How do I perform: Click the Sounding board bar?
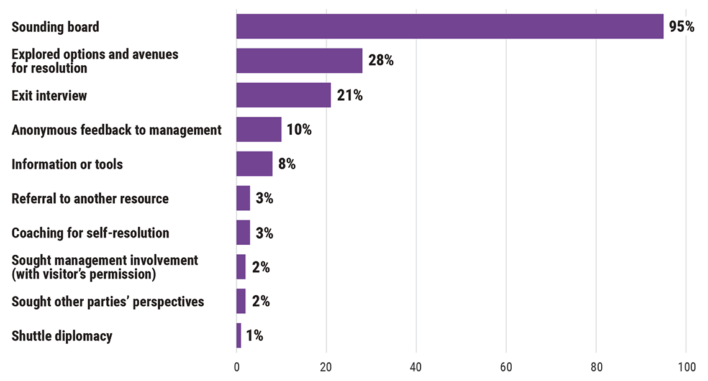pos(450,27)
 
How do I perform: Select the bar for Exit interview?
pos(283,95)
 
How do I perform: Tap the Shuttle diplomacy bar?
pos(238,336)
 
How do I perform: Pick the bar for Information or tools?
pos(254,164)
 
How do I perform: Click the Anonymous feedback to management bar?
pos(258,129)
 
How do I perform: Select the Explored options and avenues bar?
pos(299,61)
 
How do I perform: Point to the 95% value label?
pos(681,27)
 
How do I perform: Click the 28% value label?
pos(380,61)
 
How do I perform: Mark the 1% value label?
pos(255,336)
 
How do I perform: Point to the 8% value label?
pos(286,164)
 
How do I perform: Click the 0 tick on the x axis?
pos(237,367)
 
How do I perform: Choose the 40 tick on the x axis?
pos(416,367)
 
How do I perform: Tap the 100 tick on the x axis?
pos(686,367)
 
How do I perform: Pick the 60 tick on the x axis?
pos(506,367)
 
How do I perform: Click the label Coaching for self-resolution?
pos(90,233)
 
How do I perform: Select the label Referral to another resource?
pos(90,199)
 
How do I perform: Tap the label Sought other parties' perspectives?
pos(107,301)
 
